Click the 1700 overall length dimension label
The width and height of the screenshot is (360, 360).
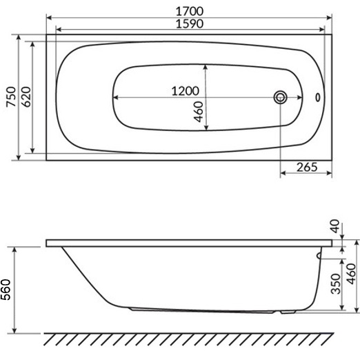pyautogui.click(x=190, y=11)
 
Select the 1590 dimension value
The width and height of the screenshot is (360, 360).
pyautogui.click(x=190, y=23)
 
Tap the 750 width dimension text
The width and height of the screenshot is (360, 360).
pyautogui.click(x=11, y=97)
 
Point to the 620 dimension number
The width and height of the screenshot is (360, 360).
pyautogui.click(x=26, y=97)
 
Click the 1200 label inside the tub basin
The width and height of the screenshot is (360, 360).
pyautogui.click(x=186, y=91)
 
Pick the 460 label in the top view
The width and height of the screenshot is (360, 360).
pyautogui.click(x=199, y=112)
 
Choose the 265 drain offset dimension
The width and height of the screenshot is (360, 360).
pyautogui.click(x=307, y=167)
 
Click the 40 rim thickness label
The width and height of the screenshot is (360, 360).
pyautogui.click(x=334, y=226)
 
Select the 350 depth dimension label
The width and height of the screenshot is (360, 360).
pyautogui.click(x=335, y=283)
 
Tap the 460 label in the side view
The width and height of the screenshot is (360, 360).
pyautogui.click(x=351, y=274)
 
